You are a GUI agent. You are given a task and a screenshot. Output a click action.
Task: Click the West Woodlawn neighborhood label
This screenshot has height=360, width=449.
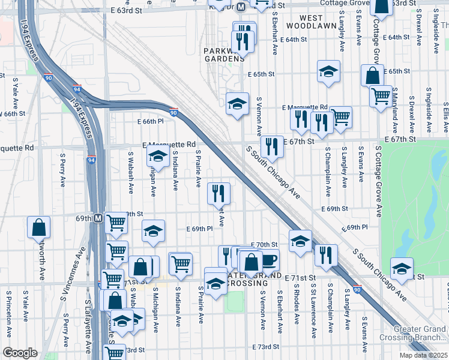pyautogui.click(x=312, y=21)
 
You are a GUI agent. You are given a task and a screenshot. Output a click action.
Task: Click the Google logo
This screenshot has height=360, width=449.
pyautogui.click(x=20, y=352)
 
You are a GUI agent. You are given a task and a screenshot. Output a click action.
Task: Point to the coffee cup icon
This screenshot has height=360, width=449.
pyautogui.click(x=270, y=260)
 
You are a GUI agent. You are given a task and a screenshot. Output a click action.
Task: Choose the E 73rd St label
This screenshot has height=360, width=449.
pyautogui.click(x=266, y=347)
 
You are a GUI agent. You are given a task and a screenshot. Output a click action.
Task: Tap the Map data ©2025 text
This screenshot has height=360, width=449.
pyautogui.click(x=424, y=355)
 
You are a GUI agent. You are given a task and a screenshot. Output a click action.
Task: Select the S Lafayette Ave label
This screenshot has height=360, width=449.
pyautogui.click(x=89, y=327)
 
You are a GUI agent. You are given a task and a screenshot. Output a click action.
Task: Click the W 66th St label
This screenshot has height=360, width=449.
pyautogui.click(x=13, y=113)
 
